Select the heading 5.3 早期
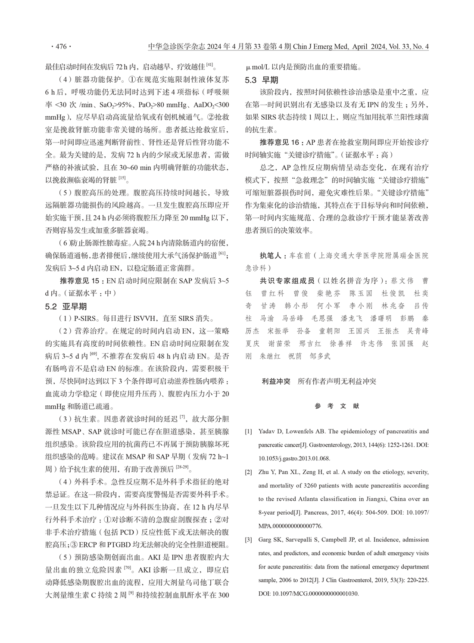click(x=262, y=80)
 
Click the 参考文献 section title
click(x=337, y=406)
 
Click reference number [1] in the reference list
click(x=249, y=432)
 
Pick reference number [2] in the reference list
click(x=249, y=472)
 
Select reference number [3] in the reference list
click(x=249, y=540)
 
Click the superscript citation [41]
click(x=210, y=65)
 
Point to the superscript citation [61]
click(x=222, y=253)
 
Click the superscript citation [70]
click(x=128, y=567)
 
